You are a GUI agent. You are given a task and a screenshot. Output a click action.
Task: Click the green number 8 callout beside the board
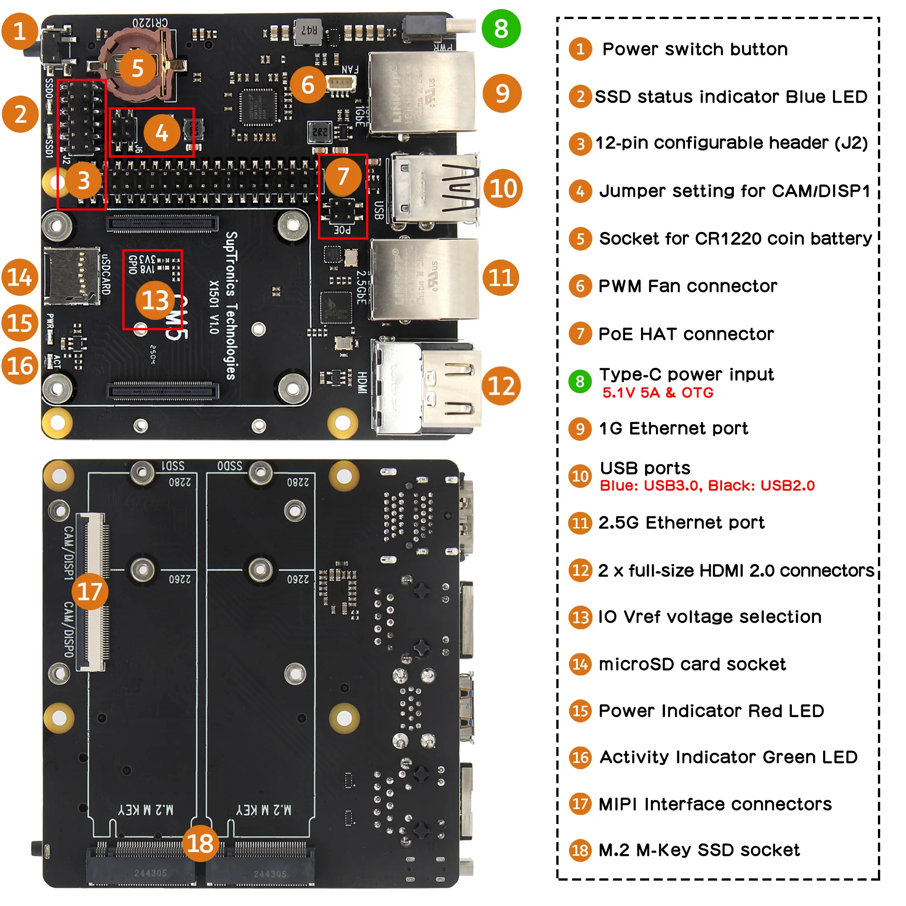(x=501, y=29)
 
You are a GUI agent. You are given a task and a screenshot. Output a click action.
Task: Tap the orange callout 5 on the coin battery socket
(x=137, y=68)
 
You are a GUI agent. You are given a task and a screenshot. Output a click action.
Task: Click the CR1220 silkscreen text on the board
(x=149, y=22)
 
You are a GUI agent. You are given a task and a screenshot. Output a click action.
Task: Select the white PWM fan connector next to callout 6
(x=341, y=83)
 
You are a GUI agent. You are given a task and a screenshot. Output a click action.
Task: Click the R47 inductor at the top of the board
(x=308, y=31)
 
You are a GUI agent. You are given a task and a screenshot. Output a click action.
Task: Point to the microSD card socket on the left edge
(x=70, y=276)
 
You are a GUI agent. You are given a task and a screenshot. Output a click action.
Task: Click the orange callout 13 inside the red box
(x=155, y=300)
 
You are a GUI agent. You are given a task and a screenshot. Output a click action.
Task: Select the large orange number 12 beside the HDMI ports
(x=501, y=386)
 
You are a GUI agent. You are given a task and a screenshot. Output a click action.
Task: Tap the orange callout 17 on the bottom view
(x=90, y=591)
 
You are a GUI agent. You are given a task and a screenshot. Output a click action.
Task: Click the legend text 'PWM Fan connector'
(x=687, y=286)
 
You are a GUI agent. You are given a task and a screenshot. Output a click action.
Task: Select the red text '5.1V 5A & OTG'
(x=657, y=392)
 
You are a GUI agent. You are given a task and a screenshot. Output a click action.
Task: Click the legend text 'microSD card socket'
(x=692, y=664)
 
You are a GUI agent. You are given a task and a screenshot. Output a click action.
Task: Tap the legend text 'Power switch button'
(x=694, y=49)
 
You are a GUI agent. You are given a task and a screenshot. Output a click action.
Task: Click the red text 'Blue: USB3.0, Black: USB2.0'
(x=707, y=485)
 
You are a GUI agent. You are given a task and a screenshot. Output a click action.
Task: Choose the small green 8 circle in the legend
(x=580, y=381)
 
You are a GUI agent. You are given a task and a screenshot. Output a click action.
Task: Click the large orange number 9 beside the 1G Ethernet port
(x=502, y=93)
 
